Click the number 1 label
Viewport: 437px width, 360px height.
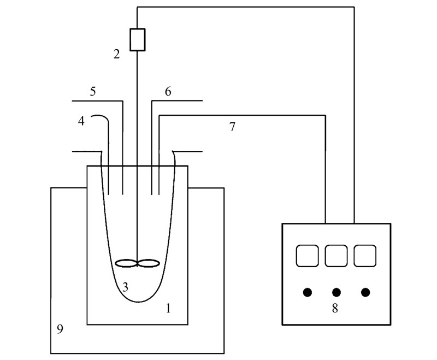[x=168, y=309]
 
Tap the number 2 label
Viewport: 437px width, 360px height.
[x=116, y=54]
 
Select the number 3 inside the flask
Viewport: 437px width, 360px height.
[x=125, y=287]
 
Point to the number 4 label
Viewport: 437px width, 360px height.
[x=81, y=121]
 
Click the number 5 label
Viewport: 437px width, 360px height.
[x=93, y=91]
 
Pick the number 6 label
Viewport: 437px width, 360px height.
[x=168, y=91]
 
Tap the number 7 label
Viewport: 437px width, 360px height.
[x=232, y=127]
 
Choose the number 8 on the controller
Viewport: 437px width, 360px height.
[x=335, y=308]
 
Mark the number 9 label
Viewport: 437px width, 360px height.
[x=60, y=329]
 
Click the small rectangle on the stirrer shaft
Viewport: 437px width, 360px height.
[x=137, y=40]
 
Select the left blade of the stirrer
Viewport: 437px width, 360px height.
[x=127, y=263]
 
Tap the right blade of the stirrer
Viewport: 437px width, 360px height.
[x=149, y=263]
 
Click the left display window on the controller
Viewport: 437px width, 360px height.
[x=307, y=256]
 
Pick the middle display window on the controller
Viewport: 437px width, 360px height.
[x=336, y=256]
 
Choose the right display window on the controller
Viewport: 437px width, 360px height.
[x=365, y=256]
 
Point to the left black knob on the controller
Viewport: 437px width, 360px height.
[x=308, y=292]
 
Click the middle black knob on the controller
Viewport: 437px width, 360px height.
[x=336, y=292]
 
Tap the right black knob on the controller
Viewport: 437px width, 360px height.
[x=365, y=292]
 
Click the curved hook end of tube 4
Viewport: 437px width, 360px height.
[x=98, y=116]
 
